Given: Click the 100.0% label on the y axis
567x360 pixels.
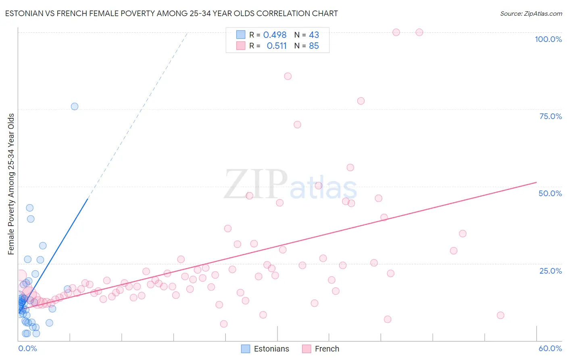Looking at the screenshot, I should (548, 39).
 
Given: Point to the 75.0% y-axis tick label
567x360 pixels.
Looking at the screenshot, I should (550, 116).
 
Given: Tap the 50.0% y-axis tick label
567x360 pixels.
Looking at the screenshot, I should (550, 193).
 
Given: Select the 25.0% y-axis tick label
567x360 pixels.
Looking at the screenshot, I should (550, 270).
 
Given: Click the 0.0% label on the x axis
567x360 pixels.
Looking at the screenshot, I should (27, 348).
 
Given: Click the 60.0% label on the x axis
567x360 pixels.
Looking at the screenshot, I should (550, 348).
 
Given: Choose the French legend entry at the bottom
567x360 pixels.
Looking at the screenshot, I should (321, 349).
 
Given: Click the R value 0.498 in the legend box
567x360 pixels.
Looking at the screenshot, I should (275, 35).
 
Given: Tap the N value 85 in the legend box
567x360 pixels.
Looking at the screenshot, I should (314, 46).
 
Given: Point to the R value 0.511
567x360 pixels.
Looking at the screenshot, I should (277, 46).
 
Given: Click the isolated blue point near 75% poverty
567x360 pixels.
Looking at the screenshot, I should (75, 107).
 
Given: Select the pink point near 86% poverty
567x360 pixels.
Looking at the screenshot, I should (288, 76).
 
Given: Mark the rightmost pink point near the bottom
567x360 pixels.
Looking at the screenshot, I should (500, 315).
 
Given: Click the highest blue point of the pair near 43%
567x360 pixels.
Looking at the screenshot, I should (29, 208).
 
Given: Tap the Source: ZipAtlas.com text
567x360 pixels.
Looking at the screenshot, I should (531, 14).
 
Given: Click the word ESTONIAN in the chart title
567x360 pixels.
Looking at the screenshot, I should (23, 14).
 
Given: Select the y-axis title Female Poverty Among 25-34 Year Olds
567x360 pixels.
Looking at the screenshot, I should (11, 184).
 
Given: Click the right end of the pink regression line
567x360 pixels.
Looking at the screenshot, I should (536, 182).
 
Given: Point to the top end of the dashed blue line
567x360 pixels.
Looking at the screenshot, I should (188, 33).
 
